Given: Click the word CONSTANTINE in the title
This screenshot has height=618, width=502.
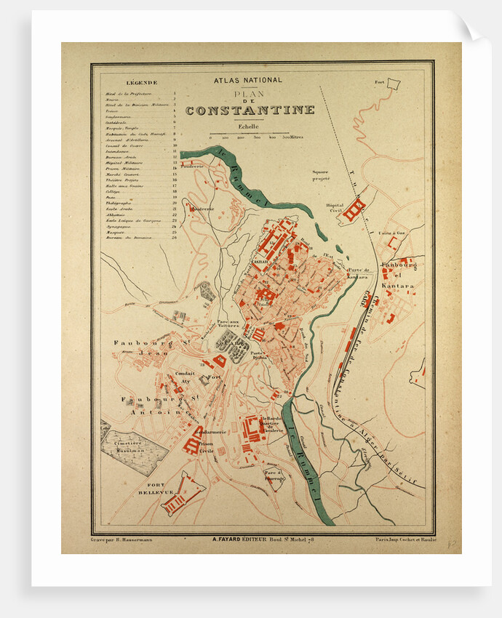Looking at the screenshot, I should (x=250, y=111).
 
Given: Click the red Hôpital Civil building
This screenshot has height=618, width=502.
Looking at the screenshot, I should (x=354, y=209).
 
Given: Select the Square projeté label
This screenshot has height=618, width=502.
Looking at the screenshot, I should (x=321, y=175).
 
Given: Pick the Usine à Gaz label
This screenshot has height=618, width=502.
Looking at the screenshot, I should (x=391, y=233).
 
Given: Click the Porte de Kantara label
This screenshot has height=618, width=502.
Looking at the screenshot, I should (x=357, y=273).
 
